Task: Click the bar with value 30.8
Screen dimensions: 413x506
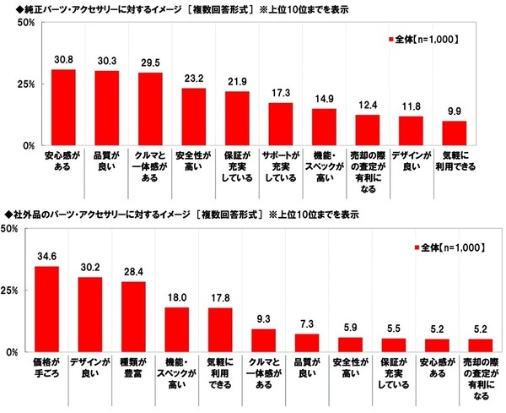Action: click(x=63, y=107)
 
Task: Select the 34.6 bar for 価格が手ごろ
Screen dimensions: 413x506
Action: click(x=46, y=309)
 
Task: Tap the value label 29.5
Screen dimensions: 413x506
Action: click(x=151, y=65)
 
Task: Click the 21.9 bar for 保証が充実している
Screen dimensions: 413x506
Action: click(x=238, y=118)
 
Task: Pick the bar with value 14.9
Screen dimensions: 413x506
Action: click(x=325, y=127)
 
